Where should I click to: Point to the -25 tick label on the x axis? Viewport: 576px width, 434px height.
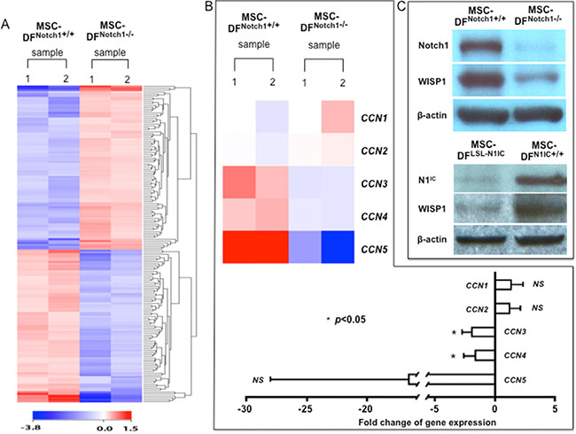306,410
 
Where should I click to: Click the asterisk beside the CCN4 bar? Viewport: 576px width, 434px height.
454,357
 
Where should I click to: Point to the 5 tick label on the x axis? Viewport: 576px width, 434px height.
555,410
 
